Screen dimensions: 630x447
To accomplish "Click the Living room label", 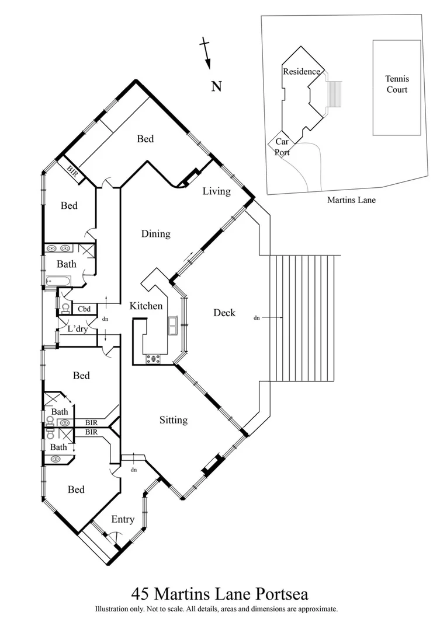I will click(216, 191).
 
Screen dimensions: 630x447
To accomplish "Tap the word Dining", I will click(155, 234).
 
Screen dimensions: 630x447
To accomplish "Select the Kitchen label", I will click(145, 306).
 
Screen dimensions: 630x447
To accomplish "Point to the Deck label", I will click(224, 313).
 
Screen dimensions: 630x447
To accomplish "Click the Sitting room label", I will click(174, 420).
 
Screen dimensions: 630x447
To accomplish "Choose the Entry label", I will click(123, 519).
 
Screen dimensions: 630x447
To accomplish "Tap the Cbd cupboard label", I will click(84, 309).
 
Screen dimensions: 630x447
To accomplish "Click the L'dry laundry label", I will click(78, 329).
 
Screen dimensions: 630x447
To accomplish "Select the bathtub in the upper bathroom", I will click(59, 282).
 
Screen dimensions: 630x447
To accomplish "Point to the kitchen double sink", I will click(174, 325).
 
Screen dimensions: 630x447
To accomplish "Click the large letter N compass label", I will click(216, 87).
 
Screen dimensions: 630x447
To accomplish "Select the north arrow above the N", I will click(206, 54).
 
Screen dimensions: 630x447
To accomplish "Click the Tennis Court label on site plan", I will click(396, 84).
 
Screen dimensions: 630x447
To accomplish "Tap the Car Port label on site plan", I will click(282, 147).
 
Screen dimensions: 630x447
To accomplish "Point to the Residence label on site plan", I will click(302, 72).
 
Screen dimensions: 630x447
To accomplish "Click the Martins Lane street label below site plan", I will click(351, 200).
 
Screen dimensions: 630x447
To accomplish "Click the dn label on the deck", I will click(257, 318).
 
